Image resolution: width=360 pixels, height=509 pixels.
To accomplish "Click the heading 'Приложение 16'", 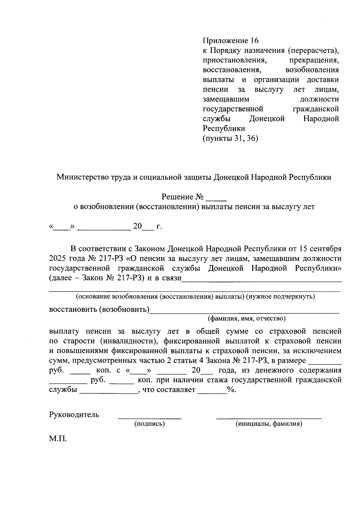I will coord(230,40).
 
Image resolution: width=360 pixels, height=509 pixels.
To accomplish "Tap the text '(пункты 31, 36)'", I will coord(230,138).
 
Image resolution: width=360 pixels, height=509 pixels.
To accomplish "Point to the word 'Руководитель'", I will coord(74,415).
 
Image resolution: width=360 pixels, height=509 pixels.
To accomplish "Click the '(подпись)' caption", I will coord(150,424).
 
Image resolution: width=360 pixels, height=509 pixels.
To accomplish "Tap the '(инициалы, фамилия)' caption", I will coord(269,424).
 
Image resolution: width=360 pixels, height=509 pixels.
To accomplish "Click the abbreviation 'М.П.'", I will coord(58,439).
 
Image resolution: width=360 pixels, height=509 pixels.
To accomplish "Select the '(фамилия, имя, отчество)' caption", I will coord(247,318).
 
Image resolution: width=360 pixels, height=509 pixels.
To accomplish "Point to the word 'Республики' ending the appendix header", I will coord(224,129).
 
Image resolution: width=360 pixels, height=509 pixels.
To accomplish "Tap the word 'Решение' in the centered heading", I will coord(177,197).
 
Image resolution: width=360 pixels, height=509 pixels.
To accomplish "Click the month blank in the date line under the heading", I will coord(104,229).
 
